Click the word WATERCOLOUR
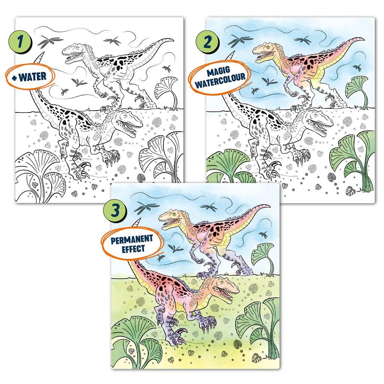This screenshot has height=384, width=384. pos(217,81)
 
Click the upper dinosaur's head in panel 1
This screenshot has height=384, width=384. pos(73,52)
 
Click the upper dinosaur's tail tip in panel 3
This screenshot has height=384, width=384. pos(268,205)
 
